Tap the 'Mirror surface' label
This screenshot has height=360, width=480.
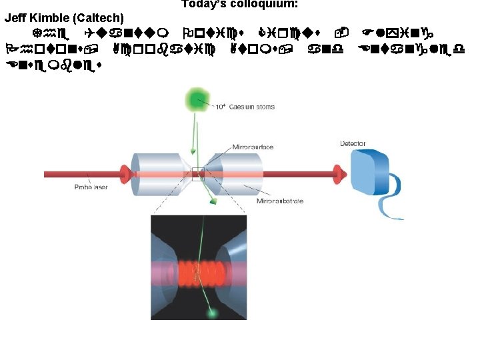pos(253,147)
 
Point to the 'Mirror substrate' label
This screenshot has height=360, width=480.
pos(281,201)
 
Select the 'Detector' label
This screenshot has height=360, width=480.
pos(353,143)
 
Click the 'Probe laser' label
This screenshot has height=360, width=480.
pos(91,187)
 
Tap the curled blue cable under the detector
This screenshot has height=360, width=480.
pos(393,200)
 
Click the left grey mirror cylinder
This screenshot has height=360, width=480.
pos(157,175)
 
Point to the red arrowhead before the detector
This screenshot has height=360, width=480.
pos(339,175)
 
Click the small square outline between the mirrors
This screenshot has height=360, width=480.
pos(197,175)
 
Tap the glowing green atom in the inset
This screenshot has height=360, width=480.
pos(213,312)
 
